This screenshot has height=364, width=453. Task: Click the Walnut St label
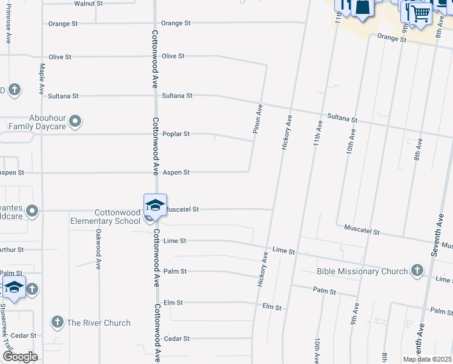88,4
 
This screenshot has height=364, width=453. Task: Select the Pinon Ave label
258,119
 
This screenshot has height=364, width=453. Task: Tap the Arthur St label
11,249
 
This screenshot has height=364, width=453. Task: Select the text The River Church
99,323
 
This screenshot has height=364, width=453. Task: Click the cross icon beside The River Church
57,322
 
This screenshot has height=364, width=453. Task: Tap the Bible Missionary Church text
362,271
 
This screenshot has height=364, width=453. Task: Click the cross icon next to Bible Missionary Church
417,271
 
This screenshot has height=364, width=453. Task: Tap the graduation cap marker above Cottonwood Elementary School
155,205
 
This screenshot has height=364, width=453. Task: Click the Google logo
20,357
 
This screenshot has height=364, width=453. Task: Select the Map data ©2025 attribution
426,359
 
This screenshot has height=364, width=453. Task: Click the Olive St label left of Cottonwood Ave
60,57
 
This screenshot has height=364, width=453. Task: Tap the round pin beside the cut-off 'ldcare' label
33,212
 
